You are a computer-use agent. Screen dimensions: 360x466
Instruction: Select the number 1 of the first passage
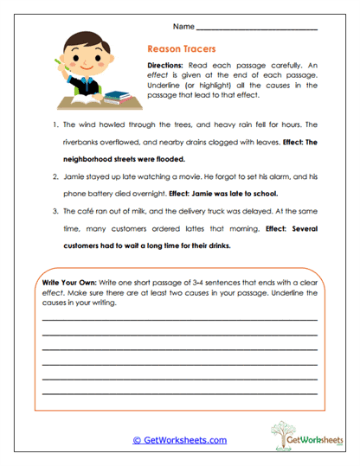point(55,124)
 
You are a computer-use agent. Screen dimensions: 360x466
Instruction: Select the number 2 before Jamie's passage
point(55,176)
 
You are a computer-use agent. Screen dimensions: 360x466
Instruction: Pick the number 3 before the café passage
point(55,212)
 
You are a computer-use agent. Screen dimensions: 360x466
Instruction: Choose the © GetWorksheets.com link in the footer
point(179,440)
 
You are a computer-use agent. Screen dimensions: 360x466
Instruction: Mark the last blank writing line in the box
point(179,393)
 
